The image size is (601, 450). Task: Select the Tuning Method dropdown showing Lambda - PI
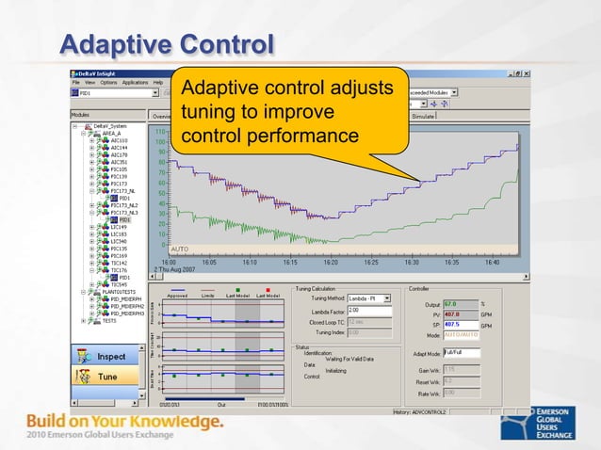point(368,298)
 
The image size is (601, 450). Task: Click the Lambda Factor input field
point(365,310)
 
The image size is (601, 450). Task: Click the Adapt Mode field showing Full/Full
point(462,353)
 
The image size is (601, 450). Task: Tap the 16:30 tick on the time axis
point(412,263)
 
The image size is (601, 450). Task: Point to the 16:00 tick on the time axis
point(168,263)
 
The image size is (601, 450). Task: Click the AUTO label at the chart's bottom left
point(179,249)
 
